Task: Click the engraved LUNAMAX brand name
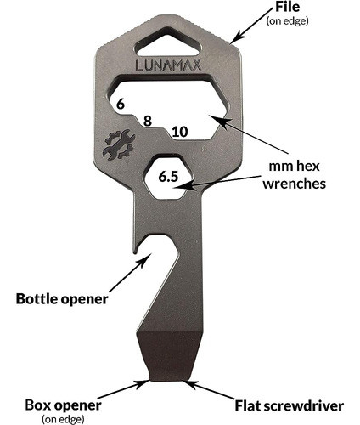tap(169, 65)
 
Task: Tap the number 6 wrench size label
tap(121, 105)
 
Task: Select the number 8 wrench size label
tap(148, 121)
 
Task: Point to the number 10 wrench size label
tap(180, 132)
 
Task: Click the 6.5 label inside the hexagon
tap(168, 177)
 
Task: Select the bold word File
tap(288, 7)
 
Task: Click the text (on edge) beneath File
tap(287, 21)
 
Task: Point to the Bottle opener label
tap(62, 299)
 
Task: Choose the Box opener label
tap(63, 405)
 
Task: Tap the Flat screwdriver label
tap(290, 405)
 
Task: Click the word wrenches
tap(295, 184)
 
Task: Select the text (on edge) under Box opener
tap(63, 419)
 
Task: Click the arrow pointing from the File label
tap(253, 25)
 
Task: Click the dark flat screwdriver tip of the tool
tap(169, 355)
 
